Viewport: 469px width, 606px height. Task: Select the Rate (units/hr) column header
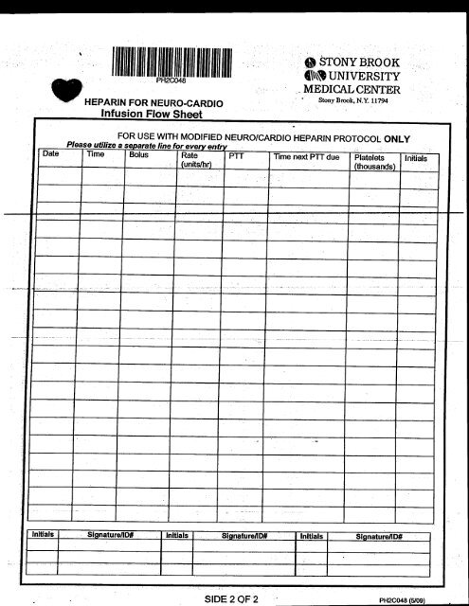pos(194,159)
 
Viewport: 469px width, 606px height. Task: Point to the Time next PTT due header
pos(305,155)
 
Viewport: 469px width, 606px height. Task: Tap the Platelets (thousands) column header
pos(372,161)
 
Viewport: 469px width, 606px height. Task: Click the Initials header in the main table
pos(417,158)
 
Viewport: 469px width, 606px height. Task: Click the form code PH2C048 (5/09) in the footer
pos(407,598)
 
